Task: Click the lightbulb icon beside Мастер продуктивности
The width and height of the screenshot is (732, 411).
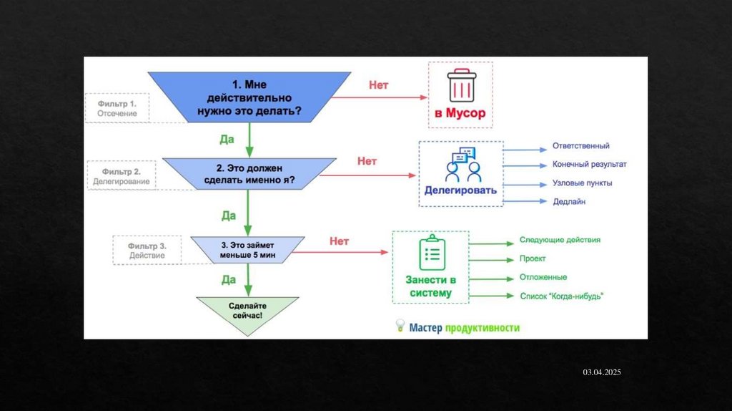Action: click(x=400, y=327)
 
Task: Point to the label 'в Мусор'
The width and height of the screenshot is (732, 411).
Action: click(x=460, y=113)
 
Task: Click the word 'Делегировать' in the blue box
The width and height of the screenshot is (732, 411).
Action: click(x=460, y=191)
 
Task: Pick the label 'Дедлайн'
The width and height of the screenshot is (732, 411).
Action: click(x=569, y=202)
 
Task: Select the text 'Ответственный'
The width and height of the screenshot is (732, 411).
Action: click(x=580, y=146)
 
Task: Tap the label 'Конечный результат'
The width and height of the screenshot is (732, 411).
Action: click(x=589, y=165)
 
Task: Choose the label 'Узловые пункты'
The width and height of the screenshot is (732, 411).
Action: click(x=582, y=183)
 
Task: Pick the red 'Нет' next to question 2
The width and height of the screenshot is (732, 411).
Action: click(x=367, y=162)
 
